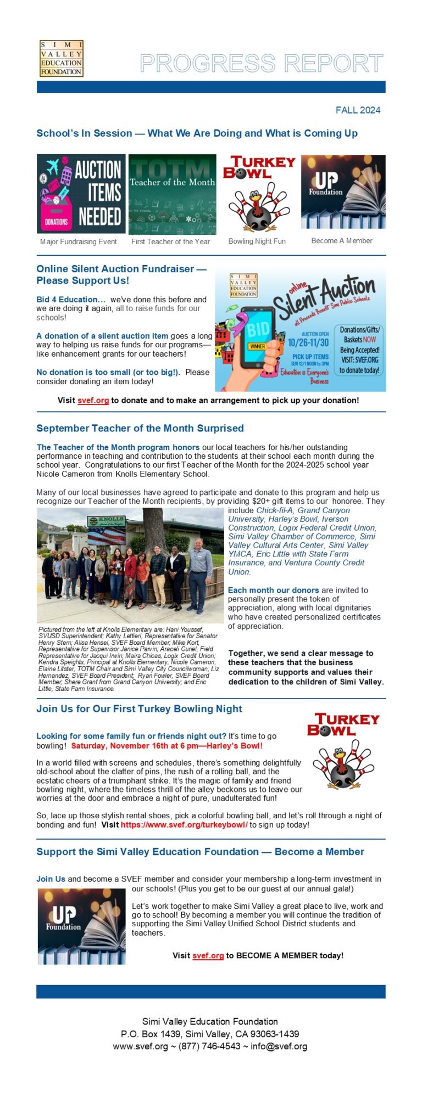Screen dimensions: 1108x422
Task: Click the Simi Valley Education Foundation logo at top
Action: point(61,58)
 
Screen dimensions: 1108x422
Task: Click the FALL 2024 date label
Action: point(358,110)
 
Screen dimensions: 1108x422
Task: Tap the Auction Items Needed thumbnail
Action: point(81,194)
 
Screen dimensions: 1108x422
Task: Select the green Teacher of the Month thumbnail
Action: point(172,194)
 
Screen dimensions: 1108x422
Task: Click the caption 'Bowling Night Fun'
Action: point(257,241)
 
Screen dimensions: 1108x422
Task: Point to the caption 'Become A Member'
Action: point(341,240)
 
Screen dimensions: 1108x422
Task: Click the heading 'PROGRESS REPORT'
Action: point(261,64)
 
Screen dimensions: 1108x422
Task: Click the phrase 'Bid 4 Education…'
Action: point(71,300)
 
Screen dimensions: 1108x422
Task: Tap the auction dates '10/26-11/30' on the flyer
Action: point(308,342)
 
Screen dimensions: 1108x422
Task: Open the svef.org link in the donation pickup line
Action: point(93,401)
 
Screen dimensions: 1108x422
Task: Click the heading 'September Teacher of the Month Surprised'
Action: point(140,428)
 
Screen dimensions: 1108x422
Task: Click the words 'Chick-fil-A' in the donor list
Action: point(275,510)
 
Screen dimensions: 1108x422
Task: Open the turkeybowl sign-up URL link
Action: point(184,825)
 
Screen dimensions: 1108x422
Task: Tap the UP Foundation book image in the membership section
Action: point(81,926)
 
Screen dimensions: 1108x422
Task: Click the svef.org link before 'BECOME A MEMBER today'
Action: point(208,955)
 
